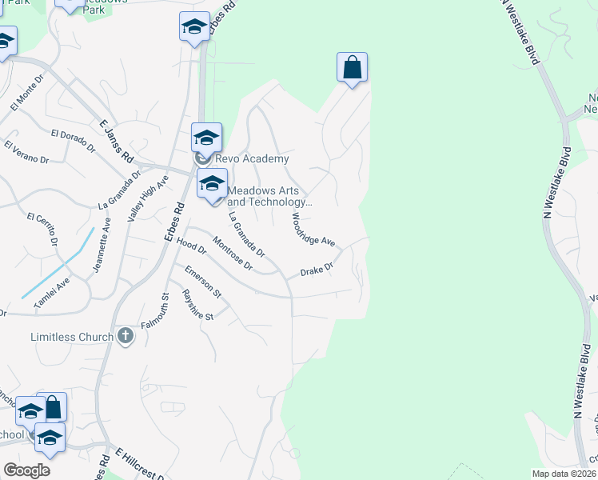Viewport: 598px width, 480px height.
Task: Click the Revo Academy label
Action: (251, 159)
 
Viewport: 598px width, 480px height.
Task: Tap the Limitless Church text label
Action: (72, 337)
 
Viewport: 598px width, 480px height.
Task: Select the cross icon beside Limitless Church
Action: (125, 336)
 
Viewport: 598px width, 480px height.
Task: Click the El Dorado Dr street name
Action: (72, 140)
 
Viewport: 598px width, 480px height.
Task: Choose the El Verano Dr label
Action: (26, 152)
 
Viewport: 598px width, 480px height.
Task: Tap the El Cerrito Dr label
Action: (43, 228)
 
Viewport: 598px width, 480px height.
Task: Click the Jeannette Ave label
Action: (101, 250)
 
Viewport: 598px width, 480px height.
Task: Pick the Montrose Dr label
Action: (233, 254)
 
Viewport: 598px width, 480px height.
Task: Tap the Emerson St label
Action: (203, 282)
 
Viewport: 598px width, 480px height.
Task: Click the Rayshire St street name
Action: (197, 306)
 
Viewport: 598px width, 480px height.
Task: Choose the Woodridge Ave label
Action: (313, 229)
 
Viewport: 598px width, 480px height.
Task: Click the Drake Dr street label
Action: (316, 271)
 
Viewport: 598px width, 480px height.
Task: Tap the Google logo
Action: (27, 470)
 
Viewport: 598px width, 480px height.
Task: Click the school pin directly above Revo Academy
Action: (206, 137)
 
